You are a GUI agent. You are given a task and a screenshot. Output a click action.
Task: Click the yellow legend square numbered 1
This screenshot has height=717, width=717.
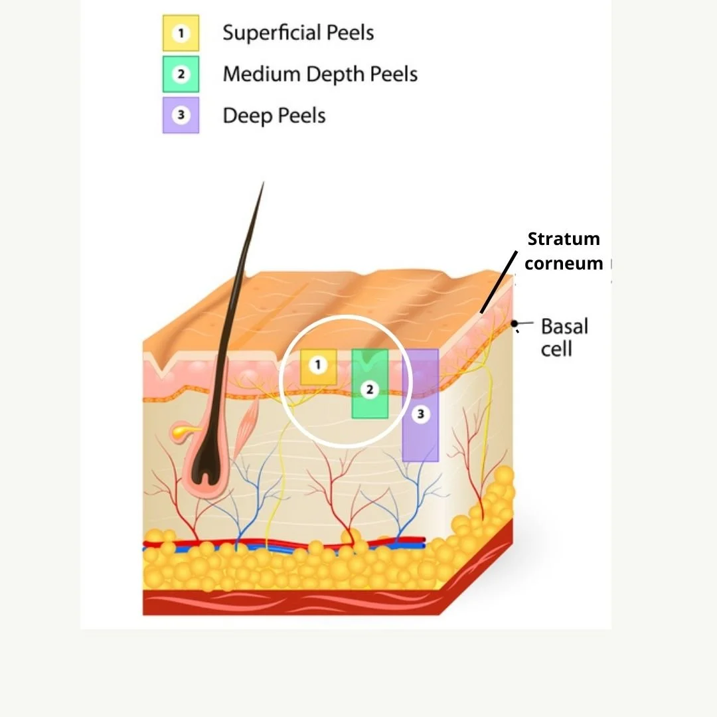(181, 33)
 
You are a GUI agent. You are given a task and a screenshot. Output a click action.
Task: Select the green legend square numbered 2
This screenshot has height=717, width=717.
(181, 74)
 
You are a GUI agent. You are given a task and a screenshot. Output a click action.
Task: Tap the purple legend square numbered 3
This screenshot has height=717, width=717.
(181, 116)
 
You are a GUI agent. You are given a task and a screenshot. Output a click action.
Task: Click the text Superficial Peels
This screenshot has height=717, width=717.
(298, 33)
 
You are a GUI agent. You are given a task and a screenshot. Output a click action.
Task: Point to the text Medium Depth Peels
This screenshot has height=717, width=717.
(320, 74)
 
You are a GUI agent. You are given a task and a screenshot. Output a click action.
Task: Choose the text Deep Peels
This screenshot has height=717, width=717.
(274, 116)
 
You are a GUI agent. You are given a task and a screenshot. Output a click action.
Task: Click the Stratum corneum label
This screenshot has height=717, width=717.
(564, 251)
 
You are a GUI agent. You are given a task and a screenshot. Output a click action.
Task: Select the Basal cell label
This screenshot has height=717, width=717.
(564, 337)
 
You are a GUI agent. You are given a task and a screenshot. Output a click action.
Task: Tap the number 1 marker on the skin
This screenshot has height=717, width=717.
(318, 364)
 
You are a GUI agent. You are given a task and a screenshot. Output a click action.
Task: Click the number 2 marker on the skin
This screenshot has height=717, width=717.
(370, 390)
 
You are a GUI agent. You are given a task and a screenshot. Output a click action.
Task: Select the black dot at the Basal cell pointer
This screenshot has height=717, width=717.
(514, 323)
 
